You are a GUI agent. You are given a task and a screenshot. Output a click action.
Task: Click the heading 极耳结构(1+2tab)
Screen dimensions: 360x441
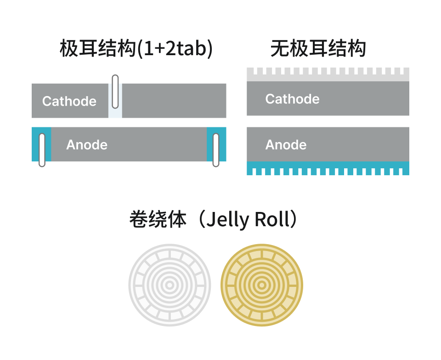point(136,49)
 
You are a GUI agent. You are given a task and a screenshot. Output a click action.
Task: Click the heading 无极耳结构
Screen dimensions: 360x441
point(318,49)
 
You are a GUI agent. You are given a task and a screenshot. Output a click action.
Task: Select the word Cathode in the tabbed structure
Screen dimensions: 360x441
point(69,101)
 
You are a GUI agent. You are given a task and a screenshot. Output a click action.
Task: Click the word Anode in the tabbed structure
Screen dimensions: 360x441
point(87,145)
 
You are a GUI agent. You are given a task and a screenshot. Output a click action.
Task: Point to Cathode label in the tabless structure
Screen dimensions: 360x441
point(292,99)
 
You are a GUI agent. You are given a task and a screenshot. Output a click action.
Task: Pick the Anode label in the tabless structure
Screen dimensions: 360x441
point(286,145)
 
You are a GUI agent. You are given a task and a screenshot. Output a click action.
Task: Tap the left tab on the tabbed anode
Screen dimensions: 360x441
point(42,150)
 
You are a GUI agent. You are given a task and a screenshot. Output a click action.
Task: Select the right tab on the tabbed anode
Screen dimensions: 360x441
point(216,150)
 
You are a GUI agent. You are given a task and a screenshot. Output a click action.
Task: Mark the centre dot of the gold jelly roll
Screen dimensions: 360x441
point(262,285)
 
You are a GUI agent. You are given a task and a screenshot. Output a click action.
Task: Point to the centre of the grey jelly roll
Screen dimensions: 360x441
point(170,285)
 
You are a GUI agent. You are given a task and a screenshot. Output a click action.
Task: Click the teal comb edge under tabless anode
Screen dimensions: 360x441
point(328,169)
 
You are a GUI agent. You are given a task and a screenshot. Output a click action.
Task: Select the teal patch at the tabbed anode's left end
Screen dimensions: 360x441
point(36,144)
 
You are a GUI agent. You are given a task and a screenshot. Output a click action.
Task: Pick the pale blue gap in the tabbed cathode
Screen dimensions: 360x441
point(115,110)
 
